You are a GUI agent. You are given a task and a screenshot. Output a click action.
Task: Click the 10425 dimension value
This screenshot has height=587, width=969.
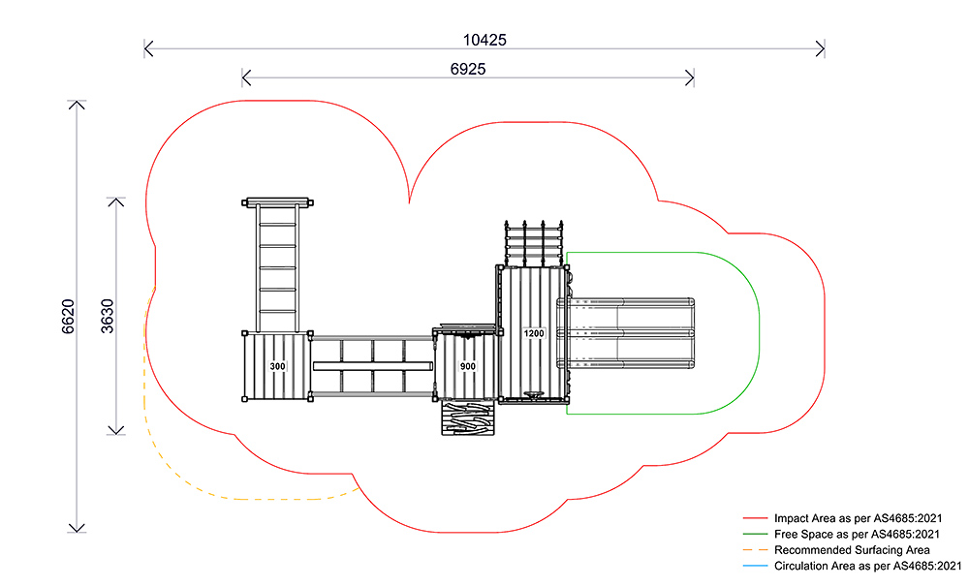(x=484, y=40)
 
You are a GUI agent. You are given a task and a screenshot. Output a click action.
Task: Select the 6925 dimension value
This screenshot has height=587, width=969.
(x=468, y=70)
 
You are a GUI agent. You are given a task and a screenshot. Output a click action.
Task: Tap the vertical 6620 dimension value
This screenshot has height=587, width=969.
(x=68, y=317)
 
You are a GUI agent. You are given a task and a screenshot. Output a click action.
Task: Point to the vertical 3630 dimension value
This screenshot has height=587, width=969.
(x=108, y=316)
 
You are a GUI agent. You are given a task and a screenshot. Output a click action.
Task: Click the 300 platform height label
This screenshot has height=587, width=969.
(x=278, y=367)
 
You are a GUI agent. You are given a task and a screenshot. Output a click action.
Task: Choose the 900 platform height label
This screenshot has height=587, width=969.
(x=468, y=367)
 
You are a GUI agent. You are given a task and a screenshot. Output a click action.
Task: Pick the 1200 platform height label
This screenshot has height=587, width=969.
(x=534, y=333)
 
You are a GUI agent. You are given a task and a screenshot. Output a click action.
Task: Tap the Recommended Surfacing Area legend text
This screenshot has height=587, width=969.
(x=839, y=550)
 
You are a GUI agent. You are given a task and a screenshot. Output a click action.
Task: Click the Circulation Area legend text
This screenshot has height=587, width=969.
(x=867, y=566)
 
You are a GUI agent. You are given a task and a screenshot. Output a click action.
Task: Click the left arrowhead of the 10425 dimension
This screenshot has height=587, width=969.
(x=146, y=46)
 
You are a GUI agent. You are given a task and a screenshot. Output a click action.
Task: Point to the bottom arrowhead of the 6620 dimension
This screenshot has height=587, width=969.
(x=76, y=529)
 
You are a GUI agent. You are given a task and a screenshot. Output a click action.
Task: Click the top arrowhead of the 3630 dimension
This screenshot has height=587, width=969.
(x=116, y=201)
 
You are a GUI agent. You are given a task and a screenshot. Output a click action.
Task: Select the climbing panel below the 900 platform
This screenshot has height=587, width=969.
(x=468, y=418)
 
